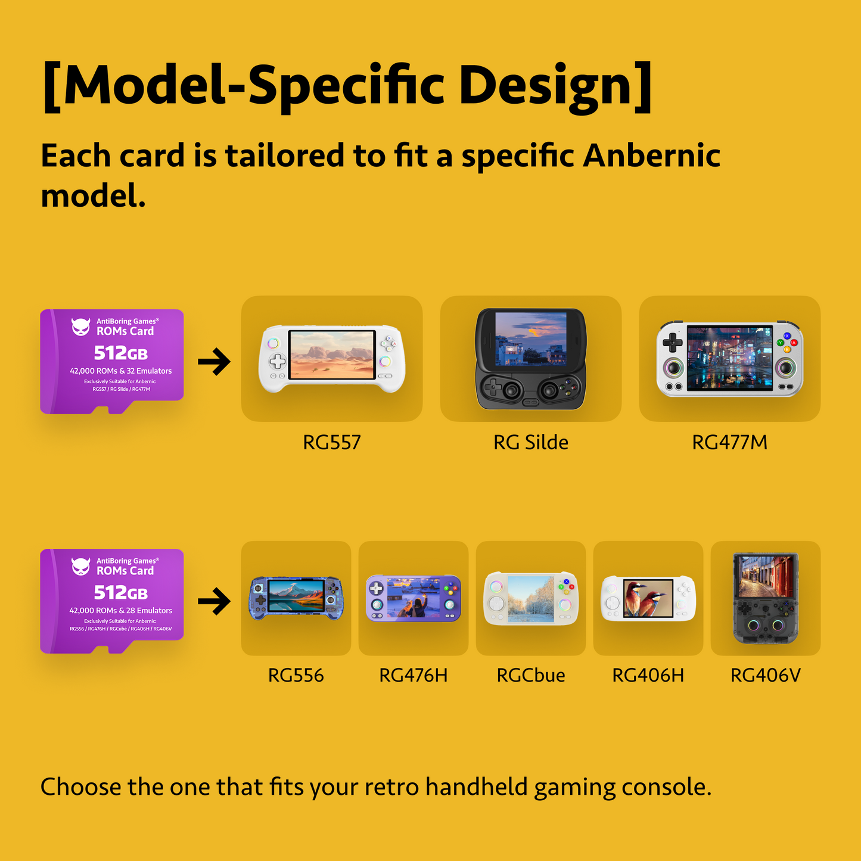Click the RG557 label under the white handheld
pyautogui.click(x=332, y=443)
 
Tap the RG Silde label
pyautogui.click(x=530, y=443)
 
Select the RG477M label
pyautogui.click(x=729, y=443)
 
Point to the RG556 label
pyautogui.click(x=296, y=676)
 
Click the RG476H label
pyautogui.click(x=413, y=676)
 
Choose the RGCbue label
pyautogui.click(x=530, y=676)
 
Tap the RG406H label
pyautogui.click(x=648, y=676)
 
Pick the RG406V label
pyautogui.click(x=765, y=676)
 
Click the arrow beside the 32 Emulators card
pyautogui.click(x=214, y=362)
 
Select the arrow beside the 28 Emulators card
pyautogui.click(x=214, y=601)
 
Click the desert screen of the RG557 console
pyautogui.click(x=332, y=355)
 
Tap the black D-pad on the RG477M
pyautogui.click(x=673, y=343)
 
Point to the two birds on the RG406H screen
pyautogui.click(x=648, y=598)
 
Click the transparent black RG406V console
pyautogui.click(x=765, y=598)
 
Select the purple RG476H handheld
pyautogui.click(x=413, y=598)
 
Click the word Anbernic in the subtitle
pyautogui.click(x=651, y=156)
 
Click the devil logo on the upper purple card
pyautogui.click(x=80, y=327)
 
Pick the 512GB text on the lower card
pyautogui.click(x=120, y=593)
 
